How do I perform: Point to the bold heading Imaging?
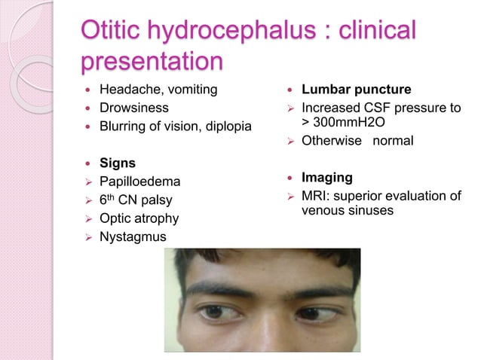pyautogui.click(x=326, y=178)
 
